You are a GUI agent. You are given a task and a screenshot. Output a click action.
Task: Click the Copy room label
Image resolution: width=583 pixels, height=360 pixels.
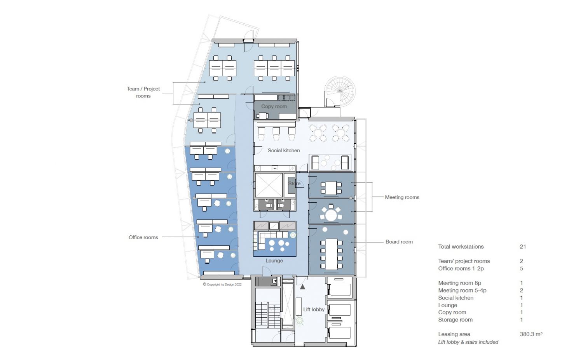(274, 106)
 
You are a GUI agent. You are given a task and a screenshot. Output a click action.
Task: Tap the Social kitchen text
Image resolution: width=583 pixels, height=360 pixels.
(284, 150)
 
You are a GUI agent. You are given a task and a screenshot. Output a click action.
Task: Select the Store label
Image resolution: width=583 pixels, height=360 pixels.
(294, 183)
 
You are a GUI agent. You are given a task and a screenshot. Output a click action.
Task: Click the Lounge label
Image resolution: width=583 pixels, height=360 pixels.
(274, 260)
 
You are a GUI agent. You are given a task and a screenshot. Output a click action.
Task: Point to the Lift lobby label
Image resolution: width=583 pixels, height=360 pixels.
(314, 309)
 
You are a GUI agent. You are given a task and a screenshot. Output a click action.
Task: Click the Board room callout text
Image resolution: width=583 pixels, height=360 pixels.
(399, 242)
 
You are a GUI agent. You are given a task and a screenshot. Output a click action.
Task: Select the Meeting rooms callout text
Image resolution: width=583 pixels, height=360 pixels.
(402, 197)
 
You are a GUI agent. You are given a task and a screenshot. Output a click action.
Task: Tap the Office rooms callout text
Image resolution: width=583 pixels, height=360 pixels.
(143, 237)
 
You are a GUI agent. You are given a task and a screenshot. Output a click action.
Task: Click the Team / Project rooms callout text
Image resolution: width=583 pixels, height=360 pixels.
(143, 92)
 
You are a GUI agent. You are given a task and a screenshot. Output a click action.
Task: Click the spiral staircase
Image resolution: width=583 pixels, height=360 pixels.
(340, 91)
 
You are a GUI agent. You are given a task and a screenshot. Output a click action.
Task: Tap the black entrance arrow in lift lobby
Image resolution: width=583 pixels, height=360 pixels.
(302, 287)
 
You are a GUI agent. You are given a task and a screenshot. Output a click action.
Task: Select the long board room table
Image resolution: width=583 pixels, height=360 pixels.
(331, 254)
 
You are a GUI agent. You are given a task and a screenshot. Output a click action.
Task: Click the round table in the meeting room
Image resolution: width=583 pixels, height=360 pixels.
(331, 216)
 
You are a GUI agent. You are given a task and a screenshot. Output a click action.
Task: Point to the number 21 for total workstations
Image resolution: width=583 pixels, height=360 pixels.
(523, 247)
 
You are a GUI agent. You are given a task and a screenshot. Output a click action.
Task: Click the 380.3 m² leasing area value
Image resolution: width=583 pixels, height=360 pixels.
(531, 334)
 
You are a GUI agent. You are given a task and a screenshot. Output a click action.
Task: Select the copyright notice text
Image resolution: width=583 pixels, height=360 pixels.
(222, 284)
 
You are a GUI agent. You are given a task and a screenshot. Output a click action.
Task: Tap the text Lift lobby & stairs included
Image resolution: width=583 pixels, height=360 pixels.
(468, 342)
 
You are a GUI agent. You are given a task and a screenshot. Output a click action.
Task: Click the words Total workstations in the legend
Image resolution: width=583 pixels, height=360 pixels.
(461, 247)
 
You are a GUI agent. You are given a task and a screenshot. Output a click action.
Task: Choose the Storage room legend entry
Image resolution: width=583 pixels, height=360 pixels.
(455, 320)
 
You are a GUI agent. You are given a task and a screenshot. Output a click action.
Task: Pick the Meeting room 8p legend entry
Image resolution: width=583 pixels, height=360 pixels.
(460, 283)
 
